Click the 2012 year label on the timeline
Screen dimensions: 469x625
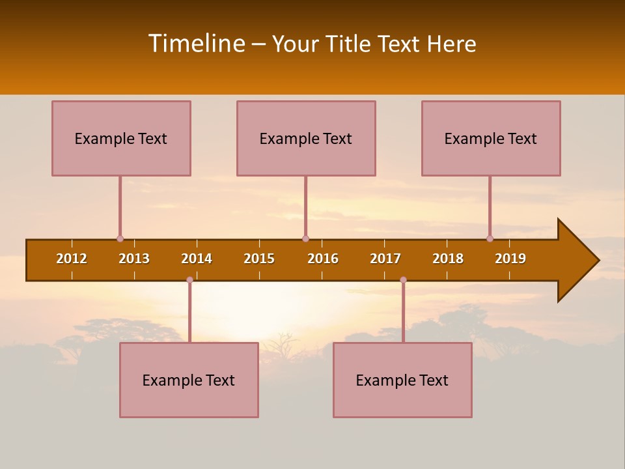tap(72, 259)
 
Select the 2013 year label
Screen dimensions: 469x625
tap(134, 259)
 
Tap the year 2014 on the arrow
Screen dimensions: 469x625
tap(197, 259)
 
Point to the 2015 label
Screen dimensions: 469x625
tap(259, 259)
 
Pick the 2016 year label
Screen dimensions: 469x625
tap(323, 259)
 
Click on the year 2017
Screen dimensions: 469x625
tap(385, 259)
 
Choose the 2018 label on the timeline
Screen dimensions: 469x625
tap(448, 259)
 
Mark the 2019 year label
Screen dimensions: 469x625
tap(510, 259)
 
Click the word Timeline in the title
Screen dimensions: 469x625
tap(195, 44)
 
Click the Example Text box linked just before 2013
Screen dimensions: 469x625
tap(121, 138)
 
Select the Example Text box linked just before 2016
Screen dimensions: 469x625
tap(306, 138)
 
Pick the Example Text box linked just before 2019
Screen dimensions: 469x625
tap(491, 138)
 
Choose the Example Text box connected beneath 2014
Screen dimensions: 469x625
tap(189, 380)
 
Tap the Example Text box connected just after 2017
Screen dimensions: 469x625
tap(402, 380)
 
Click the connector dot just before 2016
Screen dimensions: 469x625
tap(305, 238)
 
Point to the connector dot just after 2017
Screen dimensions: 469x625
tap(403, 279)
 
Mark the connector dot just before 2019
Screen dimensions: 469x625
tap(490, 238)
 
